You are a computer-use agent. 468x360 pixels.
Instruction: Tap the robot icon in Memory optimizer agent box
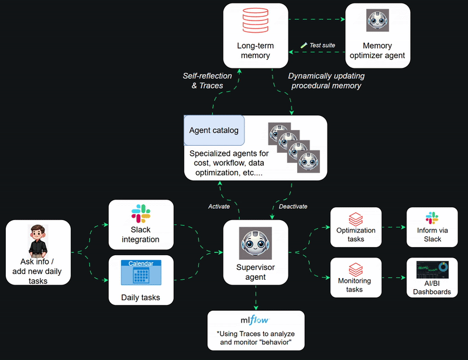coord(377,20)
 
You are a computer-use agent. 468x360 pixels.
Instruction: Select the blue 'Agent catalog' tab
coord(214,130)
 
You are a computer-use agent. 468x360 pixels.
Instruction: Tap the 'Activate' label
coord(219,206)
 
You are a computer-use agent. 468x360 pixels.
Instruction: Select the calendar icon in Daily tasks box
coord(140,273)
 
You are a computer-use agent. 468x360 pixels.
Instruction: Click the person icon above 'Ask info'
coord(37,240)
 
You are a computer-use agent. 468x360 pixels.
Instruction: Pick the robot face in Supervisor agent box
coord(256,243)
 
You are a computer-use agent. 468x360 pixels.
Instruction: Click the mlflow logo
coord(256,320)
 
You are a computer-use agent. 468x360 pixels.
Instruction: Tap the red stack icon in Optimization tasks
coord(355,220)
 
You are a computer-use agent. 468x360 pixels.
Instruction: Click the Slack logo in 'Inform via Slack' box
coord(432,218)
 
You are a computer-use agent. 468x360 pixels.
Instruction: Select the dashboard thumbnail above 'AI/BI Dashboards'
coord(432,270)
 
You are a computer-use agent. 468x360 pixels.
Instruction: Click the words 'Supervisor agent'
coord(256,272)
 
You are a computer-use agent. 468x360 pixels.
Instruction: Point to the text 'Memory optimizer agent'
coord(377,50)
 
